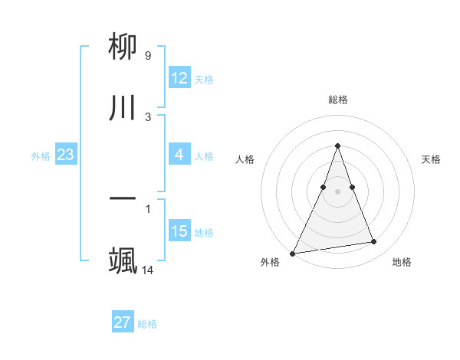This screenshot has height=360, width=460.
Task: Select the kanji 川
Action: [x=123, y=108]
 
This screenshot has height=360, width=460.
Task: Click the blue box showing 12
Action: [x=179, y=78]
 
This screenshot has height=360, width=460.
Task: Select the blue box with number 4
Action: [x=179, y=155]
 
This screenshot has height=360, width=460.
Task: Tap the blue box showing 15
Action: [x=179, y=231]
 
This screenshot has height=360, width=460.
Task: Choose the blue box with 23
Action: [x=66, y=155]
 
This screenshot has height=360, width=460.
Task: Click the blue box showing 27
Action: [x=123, y=322]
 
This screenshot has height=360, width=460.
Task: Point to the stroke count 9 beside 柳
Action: [x=147, y=55]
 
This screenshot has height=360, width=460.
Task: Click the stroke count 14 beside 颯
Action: [x=148, y=270]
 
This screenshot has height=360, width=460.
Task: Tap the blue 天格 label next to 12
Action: [x=204, y=80]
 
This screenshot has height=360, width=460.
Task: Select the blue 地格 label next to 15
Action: [x=204, y=232]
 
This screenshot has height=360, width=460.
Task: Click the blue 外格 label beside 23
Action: [x=41, y=156]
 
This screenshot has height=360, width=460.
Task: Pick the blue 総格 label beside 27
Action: [x=147, y=324]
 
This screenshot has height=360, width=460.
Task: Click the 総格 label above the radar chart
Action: [x=337, y=100]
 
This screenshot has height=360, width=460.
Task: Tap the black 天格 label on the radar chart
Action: [x=431, y=159]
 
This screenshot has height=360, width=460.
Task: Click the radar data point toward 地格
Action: [x=374, y=242]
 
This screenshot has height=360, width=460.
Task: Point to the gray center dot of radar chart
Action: [x=337, y=191]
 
